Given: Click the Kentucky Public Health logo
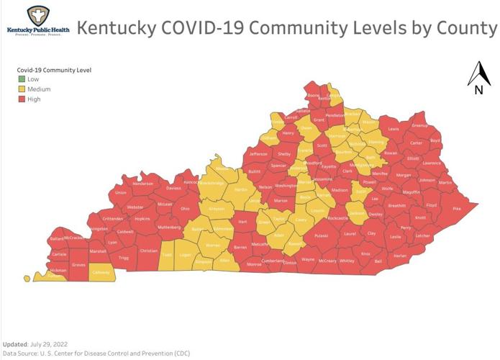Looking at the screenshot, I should coord(37,21).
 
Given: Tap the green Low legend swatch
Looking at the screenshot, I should coord(22,79).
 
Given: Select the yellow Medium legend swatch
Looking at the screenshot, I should coord(22,89).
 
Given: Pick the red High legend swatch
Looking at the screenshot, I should coord(22,99).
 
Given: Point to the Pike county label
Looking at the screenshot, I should coord(456,208).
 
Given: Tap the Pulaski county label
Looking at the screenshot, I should coord(321,234).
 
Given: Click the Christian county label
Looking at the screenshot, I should coord(148,251).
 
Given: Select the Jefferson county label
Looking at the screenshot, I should coord(258,153).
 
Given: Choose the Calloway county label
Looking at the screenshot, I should coord(101,273).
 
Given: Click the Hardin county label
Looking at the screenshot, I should coord(241,189).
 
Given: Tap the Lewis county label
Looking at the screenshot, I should coord(394,129).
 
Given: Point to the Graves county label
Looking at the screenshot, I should coord(79,265).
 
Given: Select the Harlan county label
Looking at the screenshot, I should coord(400,255).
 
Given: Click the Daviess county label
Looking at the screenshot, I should coord(173,188).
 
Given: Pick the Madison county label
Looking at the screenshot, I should coord(340,189).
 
